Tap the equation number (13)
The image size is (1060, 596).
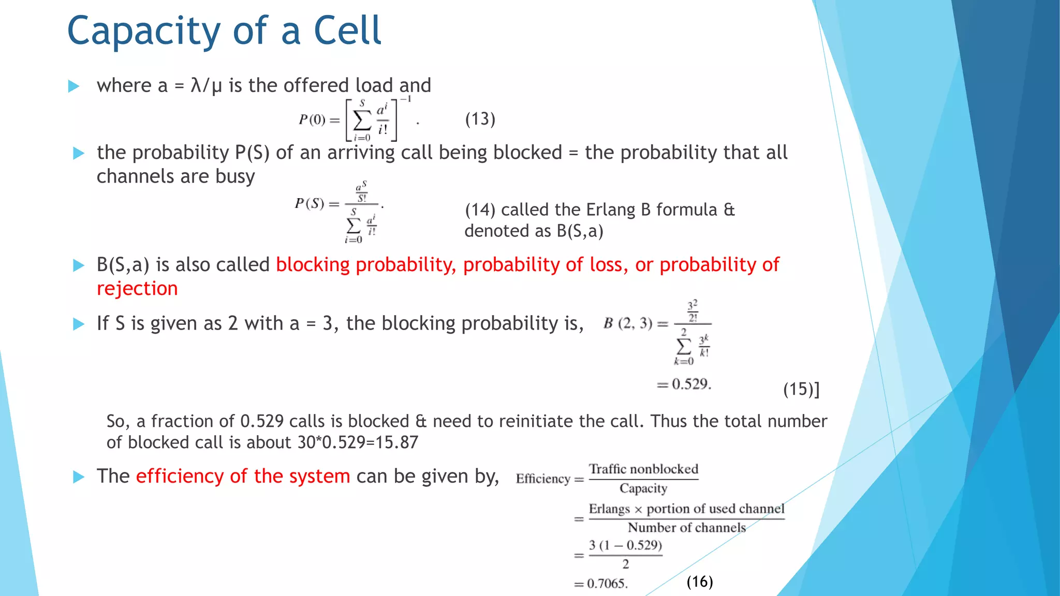click(480, 119)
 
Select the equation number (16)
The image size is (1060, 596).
click(699, 582)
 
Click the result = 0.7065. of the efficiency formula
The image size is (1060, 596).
click(601, 584)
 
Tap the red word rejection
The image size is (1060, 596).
click(137, 289)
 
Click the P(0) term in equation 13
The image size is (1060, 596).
click(312, 120)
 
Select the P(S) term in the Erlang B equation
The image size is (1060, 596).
click(310, 203)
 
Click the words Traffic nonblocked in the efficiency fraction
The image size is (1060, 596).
click(643, 469)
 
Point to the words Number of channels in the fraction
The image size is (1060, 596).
click(686, 528)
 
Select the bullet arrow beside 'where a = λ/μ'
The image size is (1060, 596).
click(74, 86)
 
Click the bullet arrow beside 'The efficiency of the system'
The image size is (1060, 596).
click(79, 476)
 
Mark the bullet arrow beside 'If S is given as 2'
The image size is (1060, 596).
click(79, 324)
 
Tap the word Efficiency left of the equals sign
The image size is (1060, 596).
click(542, 479)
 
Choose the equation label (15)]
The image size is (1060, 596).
click(801, 389)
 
